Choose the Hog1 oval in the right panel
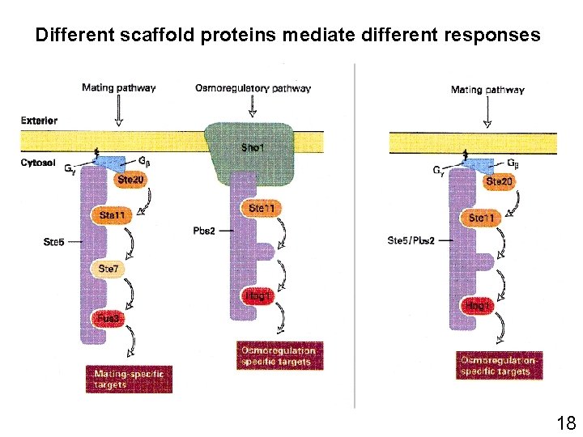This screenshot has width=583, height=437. click(476, 306)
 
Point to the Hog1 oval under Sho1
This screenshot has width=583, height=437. click(257, 297)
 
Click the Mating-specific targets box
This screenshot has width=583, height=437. click(128, 379)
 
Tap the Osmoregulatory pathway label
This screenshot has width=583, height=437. click(253, 88)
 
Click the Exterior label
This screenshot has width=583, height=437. click(39, 121)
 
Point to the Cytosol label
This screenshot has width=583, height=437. click(37, 162)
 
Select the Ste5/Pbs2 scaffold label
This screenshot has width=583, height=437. click(411, 240)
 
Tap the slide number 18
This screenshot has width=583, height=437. click(565, 422)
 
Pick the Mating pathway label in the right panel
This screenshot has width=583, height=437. click(487, 90)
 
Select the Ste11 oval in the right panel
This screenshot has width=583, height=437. click(483, 218)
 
